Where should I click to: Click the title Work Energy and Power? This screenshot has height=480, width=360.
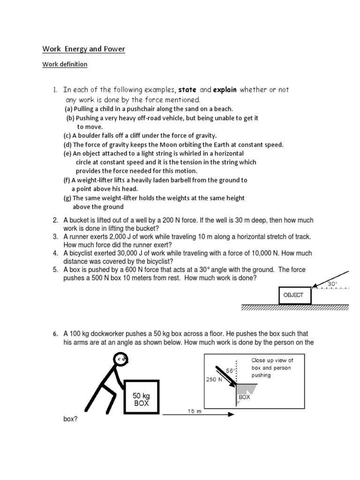(84, 49)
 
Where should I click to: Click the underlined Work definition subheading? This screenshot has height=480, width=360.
(65, 64)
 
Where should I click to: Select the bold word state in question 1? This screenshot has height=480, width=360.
(187, 90)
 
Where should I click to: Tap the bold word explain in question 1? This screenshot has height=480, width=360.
(225, 90)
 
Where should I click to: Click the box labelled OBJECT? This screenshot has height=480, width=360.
(293, 295)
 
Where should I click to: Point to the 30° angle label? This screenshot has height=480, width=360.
(332, 284)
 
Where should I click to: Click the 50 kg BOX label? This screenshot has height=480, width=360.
(141, 399)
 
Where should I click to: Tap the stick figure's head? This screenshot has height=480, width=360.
(121, 360)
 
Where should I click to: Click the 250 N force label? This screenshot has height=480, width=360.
(215, 380)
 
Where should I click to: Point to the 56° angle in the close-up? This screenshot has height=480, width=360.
(230, 370)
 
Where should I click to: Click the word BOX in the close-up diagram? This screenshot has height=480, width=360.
(245, 397)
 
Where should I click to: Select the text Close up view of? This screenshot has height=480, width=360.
(272, 360)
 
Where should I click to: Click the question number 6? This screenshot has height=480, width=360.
(55, 334)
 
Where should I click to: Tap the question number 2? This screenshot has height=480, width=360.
(55, 220)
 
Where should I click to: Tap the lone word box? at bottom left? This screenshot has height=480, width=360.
(70, 420)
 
